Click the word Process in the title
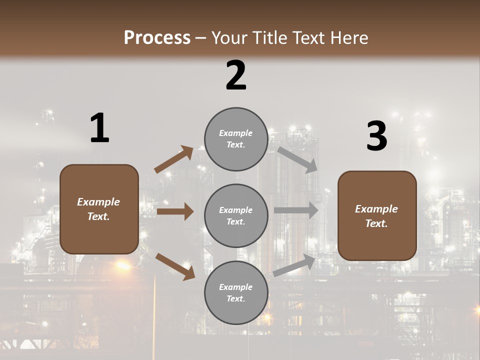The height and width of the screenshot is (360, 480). [x=157, y=38]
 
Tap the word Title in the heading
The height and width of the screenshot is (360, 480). [x=269, y=38]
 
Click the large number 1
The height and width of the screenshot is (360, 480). [x=99, y=128]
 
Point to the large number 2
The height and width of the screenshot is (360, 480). [x=236, y=75]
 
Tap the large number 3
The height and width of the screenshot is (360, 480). [x=376, y=136]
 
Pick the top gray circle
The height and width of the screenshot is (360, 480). [x=236, y=139]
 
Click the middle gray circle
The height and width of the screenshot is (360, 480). [x=236, y=215]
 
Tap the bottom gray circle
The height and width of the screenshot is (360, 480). [x=236, y=292]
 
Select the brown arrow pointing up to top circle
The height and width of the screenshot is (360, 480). [x=174, y=159]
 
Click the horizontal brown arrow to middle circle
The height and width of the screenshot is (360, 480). [x=175, y=211]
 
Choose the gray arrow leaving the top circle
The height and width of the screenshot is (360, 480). [x=298, y=160]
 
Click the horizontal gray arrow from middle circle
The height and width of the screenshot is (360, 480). [x=296, y=210]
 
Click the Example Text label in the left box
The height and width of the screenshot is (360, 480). [x=98, y=209]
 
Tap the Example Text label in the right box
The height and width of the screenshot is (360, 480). [x=376, y=216]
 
